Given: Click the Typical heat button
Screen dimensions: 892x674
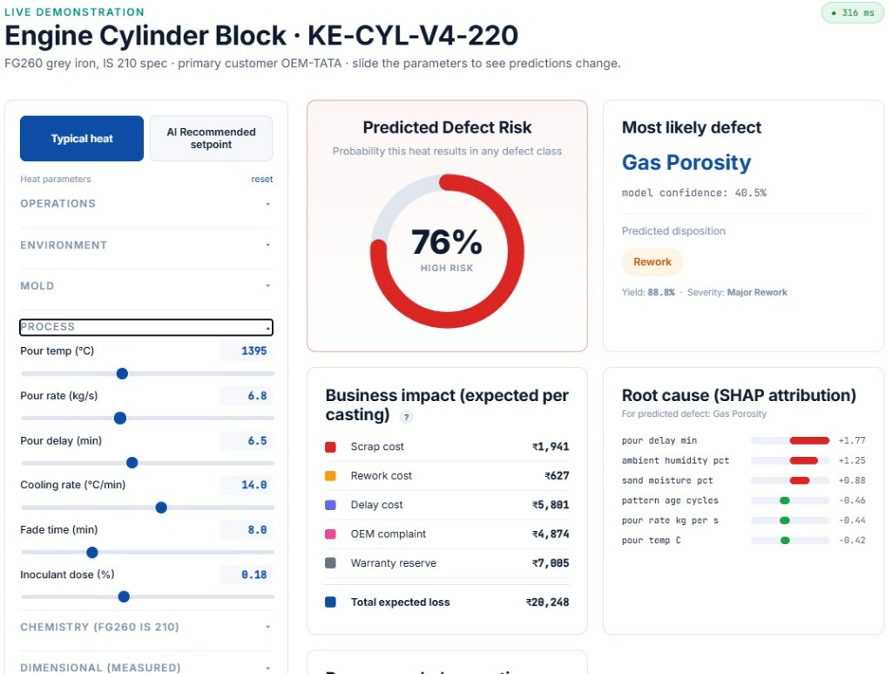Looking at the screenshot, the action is pos(81,139).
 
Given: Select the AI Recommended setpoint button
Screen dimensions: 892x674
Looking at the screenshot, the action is pos(211,139).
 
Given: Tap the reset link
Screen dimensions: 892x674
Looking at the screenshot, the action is pos(261,180).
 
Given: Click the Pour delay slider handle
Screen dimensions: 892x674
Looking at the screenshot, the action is pos(132,463).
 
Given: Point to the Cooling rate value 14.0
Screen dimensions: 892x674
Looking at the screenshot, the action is pos(253,485).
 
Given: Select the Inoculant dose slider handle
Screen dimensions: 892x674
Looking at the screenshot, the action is pos(124,596).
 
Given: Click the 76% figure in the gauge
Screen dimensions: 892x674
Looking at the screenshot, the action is pos(447,242).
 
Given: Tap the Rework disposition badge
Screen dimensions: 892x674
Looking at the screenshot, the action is pos(652,262).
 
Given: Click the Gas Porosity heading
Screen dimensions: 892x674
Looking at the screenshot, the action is pos(686,163).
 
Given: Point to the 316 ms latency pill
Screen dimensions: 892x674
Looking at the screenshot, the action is pos(852,12).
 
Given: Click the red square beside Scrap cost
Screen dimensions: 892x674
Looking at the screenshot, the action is pos(330,447).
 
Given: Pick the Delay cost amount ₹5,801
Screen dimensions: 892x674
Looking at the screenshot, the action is pos(551,505).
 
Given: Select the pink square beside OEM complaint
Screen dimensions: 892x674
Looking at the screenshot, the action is pos(330,534).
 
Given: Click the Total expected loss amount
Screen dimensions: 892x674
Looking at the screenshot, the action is pos(547,603).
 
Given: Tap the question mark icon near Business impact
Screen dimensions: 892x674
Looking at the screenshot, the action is pos(406,417).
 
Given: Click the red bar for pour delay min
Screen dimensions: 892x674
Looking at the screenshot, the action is pos(809,440).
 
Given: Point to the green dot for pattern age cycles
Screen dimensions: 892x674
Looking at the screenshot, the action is pos(785,500).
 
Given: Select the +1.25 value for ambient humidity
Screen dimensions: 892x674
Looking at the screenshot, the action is pos(852,460).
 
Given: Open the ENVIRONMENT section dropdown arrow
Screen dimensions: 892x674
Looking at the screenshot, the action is pos(267,245).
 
